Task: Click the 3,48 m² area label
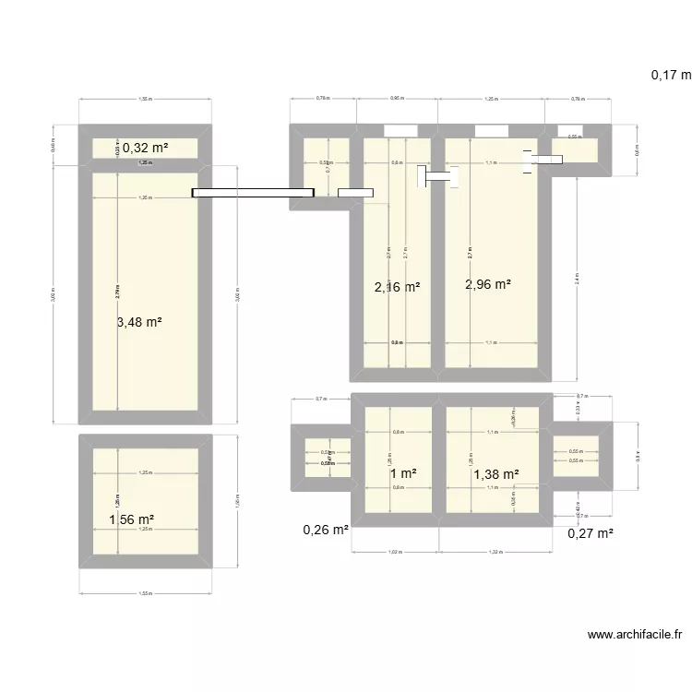pyautogui.click(x=140, y=322)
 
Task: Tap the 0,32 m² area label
pyautogui.click(x=146, y=148)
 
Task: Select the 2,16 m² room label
pyautogui.click(x=397, y=288)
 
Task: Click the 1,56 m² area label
pyautogui.click(x=131, y=520)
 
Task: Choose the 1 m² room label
pyautogui.click(x=402, y=473)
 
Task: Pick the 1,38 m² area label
pyautogui.click(x=496, y=474)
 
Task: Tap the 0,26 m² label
pyautogui.click(x=326, y=531)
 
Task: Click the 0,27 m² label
pyautogui.click(x=591, y=532)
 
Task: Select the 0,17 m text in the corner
pyautogui.click(x=671, y=76)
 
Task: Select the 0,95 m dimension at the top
pyautogui.click(x=397, y=97)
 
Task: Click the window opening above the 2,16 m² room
pyautogui.click(x=400, y=130)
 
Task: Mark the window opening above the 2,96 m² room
pyautogui.click(x=489, y=130)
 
